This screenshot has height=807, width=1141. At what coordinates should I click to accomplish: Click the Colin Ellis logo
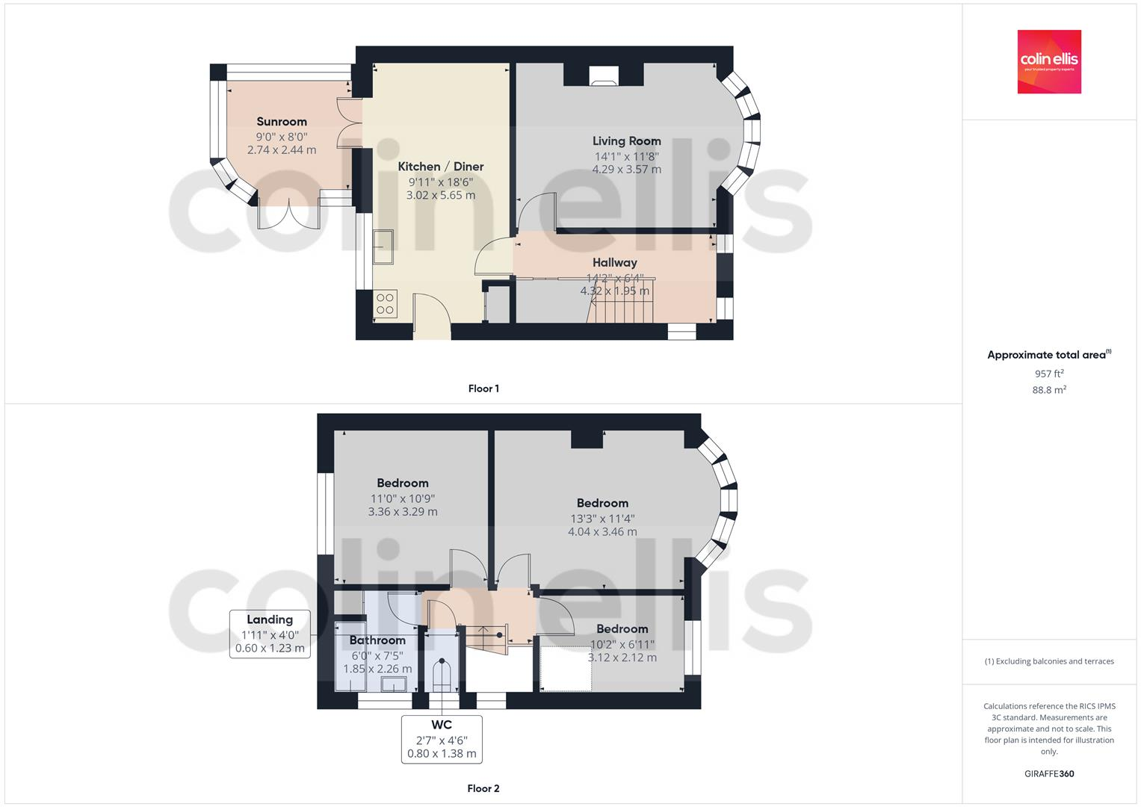1048,61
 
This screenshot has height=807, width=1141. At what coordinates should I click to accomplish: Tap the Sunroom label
282,122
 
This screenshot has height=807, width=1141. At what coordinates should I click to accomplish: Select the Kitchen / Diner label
440,167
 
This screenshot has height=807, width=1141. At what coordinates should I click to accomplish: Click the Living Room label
626,140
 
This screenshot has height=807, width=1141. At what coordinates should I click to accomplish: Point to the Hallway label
614,262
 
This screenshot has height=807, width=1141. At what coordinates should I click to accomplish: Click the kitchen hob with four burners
385,303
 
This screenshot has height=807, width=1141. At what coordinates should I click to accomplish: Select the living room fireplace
603,75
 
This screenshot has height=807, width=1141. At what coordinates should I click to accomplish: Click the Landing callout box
270,634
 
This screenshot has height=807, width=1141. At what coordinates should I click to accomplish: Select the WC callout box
441,739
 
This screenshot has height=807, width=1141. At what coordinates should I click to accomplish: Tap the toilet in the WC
442,675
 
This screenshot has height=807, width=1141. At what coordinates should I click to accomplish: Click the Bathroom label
377,640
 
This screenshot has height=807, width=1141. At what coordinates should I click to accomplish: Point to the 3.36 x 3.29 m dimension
403,512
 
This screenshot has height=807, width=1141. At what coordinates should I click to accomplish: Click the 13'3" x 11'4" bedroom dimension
602,518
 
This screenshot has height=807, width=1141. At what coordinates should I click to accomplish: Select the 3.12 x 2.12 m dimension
622,658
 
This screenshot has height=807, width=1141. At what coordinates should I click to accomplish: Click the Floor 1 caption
483,389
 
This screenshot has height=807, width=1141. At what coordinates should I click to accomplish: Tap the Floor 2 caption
483,788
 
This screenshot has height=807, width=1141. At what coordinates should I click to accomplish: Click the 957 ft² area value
1048,374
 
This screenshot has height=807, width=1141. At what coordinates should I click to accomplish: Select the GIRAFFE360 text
1048,773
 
